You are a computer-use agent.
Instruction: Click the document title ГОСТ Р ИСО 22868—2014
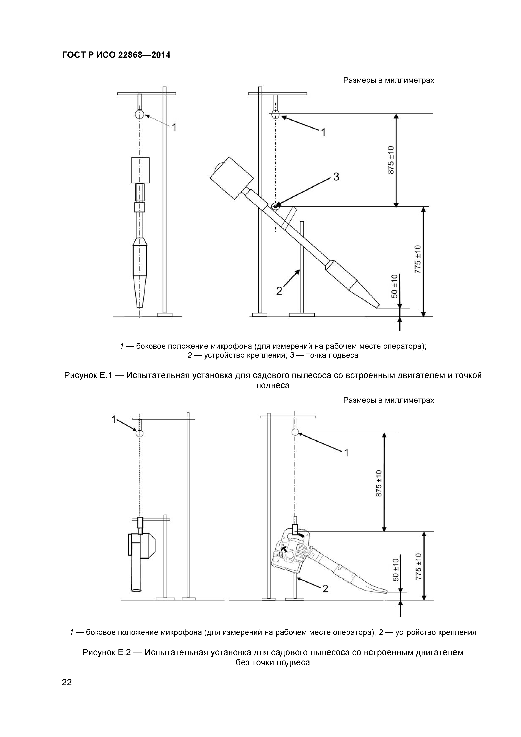[116, 55]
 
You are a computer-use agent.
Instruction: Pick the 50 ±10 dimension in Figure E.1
[395, 287]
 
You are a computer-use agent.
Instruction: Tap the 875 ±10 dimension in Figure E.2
[379, 483]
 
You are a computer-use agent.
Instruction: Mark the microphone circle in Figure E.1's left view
[140, 114]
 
